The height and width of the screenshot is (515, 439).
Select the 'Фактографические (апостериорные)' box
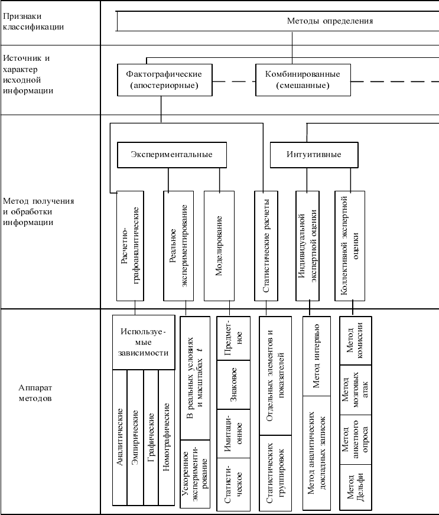point(164,80)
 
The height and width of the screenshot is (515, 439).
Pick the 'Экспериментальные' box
point(171,155)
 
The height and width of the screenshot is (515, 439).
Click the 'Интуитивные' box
point(314,155)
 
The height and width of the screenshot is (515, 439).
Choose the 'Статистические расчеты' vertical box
point(266,245)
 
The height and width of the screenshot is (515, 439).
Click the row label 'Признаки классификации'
point(34,21)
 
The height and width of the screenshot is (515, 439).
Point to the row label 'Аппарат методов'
point(35,394)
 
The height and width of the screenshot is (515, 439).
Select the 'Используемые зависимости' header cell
point(144,342)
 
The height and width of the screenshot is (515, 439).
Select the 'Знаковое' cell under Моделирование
point(233,385)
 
